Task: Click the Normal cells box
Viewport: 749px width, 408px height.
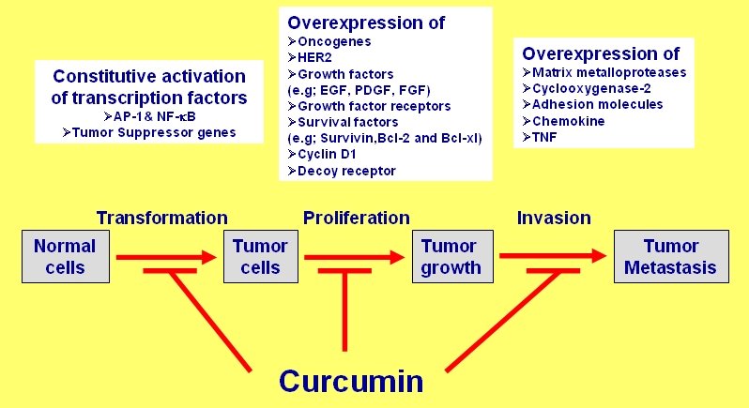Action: (x=65, y=256)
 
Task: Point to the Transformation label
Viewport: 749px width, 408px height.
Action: (x=162, y=218)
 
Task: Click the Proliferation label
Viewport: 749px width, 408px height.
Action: (x=356, y=218)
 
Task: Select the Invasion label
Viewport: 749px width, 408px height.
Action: (x=554, y=218)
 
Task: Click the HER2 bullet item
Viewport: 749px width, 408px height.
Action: (x=314, y=57)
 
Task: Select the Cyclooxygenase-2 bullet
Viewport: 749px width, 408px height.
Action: (x=587, y=88)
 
